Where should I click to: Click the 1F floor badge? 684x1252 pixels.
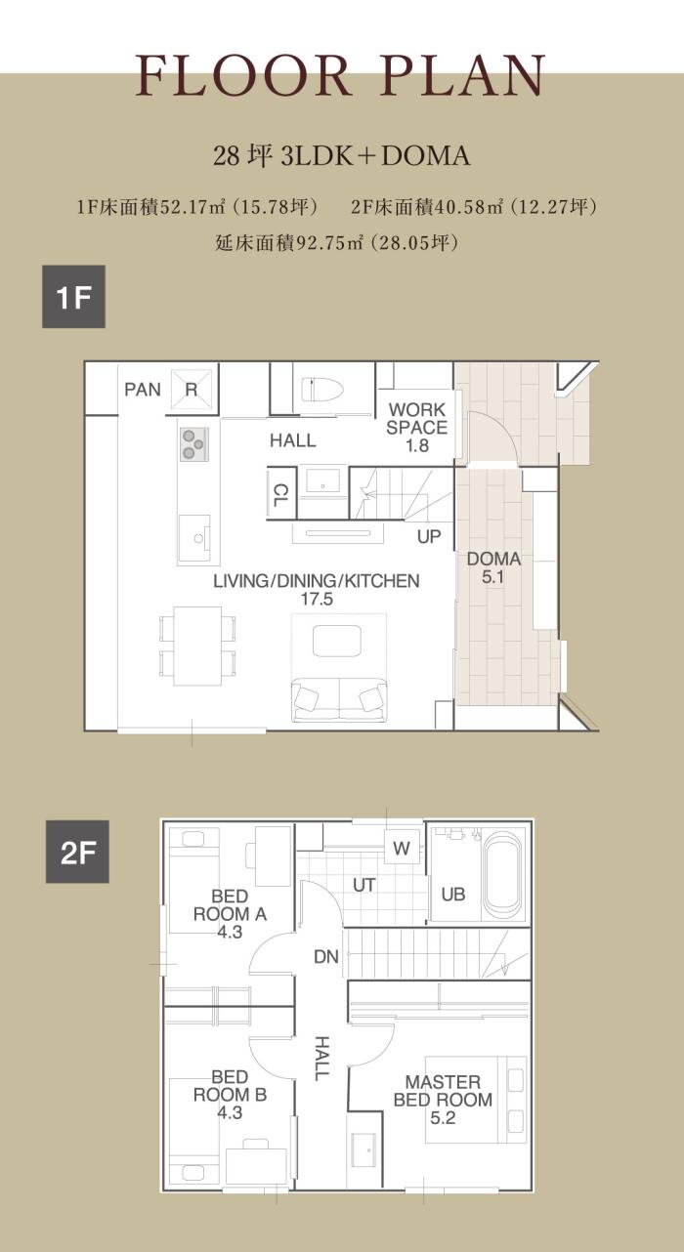pos(74,297)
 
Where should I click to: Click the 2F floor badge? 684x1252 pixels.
pos(77,852)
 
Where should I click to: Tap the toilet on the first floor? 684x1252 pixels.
pos(322,390)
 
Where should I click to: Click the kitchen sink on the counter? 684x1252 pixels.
pos(194,538)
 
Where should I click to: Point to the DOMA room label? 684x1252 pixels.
pos(493,567)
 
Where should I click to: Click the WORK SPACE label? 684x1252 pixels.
pos(417,427)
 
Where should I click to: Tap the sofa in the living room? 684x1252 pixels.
pos(339,699)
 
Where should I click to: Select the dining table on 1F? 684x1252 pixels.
pos(197,646)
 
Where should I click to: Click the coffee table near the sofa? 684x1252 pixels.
pos(337,641)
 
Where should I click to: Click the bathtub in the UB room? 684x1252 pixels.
pos(503,876)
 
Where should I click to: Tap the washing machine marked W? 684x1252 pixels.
pos(402,848)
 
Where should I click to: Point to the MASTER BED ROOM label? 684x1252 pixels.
pos(443,1100)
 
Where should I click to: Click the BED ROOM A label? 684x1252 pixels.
pos(230,914)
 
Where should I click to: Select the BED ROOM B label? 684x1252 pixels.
pos(230,1095)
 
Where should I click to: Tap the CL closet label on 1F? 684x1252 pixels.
pos(280,495)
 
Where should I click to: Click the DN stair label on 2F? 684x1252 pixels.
pos(326,956)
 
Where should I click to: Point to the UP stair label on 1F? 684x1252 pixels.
pos(429,536)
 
